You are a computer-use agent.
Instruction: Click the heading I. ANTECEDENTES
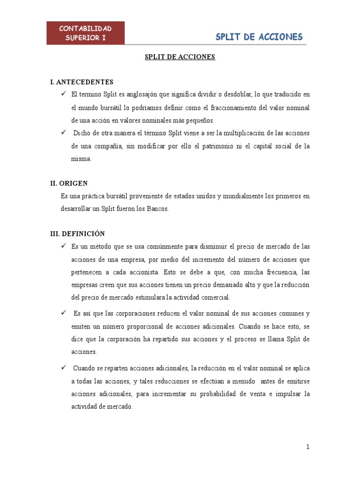click(82, 82)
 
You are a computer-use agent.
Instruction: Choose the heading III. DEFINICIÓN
click(77, 233)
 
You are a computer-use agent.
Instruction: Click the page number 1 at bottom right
click(308, 447)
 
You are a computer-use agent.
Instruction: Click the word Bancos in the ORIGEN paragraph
click(157, 209)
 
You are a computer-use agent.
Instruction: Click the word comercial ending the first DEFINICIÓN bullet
click(214, 298)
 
